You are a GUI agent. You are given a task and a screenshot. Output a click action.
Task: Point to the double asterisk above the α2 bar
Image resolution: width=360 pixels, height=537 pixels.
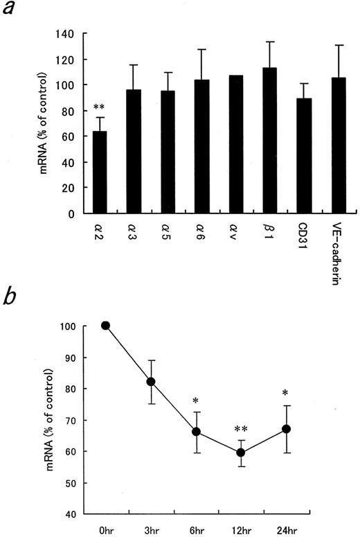[x=99, y=109]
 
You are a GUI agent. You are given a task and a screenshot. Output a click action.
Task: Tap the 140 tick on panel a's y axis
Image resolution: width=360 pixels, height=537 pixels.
[x=64, y=34]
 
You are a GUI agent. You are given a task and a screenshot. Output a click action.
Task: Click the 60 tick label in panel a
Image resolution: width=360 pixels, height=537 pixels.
[x=67, y=137]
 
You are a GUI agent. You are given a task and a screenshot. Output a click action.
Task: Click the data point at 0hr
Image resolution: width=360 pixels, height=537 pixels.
[x=105, y=326]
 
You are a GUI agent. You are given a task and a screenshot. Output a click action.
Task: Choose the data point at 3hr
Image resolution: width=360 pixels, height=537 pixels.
[x=150, y=382]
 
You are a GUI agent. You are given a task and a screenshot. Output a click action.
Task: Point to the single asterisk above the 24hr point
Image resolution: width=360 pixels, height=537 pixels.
[x=286, y=395]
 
